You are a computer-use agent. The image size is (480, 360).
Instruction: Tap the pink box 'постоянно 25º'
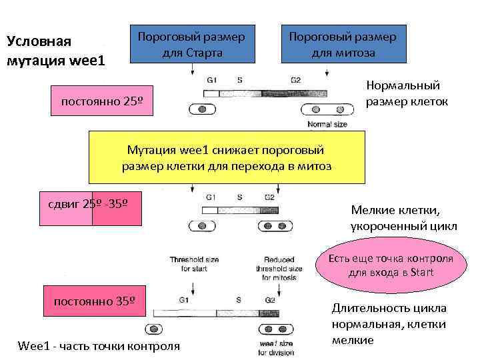coord(103,102)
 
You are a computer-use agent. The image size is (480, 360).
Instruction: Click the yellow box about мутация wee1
coord(227,157)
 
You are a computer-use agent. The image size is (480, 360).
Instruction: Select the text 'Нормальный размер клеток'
coord(407,93)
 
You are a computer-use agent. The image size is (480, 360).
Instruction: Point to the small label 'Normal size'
coord(328,125)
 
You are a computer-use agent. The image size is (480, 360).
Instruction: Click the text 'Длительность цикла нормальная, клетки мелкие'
coord(389,324)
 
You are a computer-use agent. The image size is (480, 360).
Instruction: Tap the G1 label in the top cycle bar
coord(211,79)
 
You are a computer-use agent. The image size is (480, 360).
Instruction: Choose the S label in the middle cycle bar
coord(239,197)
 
